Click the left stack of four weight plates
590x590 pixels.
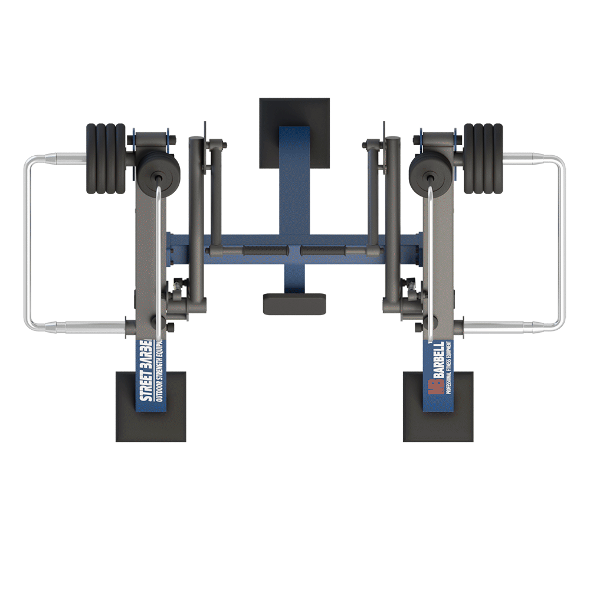coord(106,158)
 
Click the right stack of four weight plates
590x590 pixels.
coord(483,158)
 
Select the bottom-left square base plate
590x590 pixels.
coord(150,413)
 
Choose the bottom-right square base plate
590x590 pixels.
coord(438,413)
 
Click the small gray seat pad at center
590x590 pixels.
coord(294,303)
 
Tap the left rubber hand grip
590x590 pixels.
coord(264,251)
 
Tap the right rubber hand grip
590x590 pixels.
coord(324,251)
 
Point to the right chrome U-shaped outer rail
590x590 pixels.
coord(562,242)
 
